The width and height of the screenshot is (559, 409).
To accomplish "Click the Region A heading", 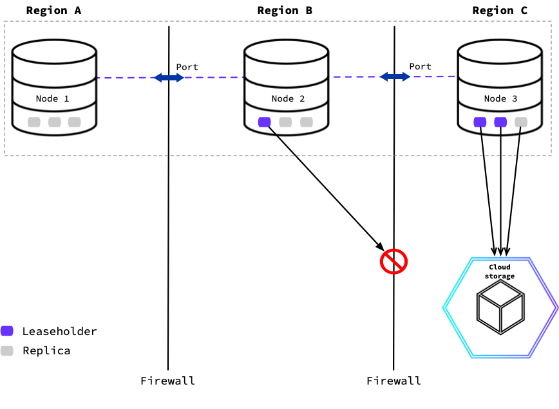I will click(55, 10).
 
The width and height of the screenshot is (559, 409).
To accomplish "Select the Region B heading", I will click(285, 10).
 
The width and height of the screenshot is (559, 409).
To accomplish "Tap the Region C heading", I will click(500, 10).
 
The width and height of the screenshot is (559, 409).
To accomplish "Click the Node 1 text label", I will click(52, 98).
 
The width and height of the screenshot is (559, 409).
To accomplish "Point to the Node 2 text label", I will click(288, 98).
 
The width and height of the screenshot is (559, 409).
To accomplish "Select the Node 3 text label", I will click(500, 98).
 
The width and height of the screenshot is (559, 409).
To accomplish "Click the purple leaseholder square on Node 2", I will click(264, 122).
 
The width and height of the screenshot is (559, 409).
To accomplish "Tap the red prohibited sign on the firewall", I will click(393, 261).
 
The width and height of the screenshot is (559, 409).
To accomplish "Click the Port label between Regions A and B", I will click(187, 67).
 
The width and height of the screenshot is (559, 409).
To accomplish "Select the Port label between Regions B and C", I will click(421, 66).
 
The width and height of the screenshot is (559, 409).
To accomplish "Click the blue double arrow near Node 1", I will click(169, 78).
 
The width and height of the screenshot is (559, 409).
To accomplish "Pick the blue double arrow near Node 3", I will click(395, 77).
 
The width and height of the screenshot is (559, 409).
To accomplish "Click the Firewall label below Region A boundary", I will click(168, 381).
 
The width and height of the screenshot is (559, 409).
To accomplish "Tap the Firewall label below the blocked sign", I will click(393, 381).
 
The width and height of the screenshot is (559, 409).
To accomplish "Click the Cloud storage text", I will click(500, 271).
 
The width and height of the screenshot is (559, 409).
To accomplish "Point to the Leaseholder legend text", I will click(60, 332).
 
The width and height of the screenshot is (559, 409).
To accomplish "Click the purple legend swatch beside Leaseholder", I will click(7, 331).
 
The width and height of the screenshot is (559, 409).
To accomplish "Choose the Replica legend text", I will click(46, 350).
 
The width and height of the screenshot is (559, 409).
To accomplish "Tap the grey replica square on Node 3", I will click(521, 122).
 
